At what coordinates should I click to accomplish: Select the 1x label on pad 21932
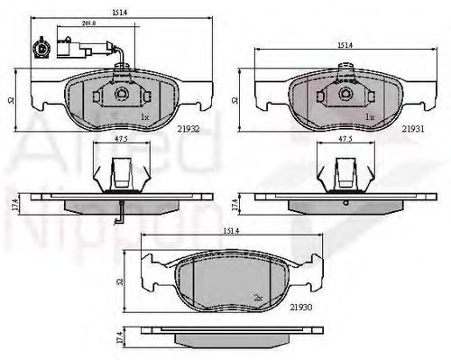(x=143, y=117)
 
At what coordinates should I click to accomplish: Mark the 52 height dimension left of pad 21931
(x=235, y=100)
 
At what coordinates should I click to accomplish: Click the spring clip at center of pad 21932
(x=120, y=94)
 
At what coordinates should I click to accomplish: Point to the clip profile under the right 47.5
(x=344, y=171)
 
